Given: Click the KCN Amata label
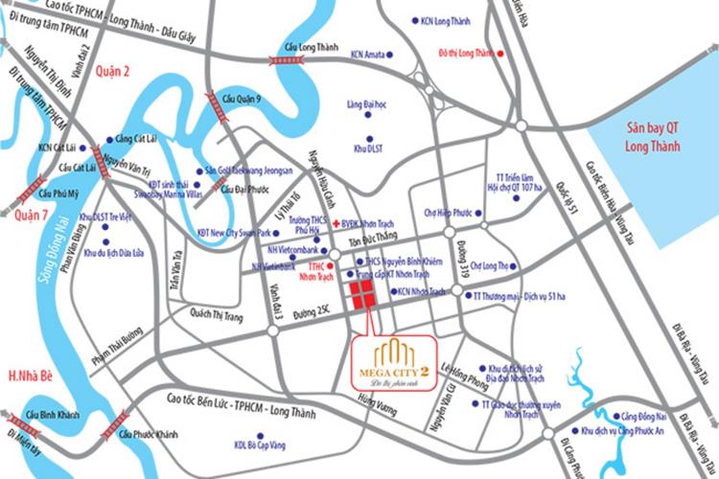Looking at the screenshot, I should (x=372, y=56).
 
